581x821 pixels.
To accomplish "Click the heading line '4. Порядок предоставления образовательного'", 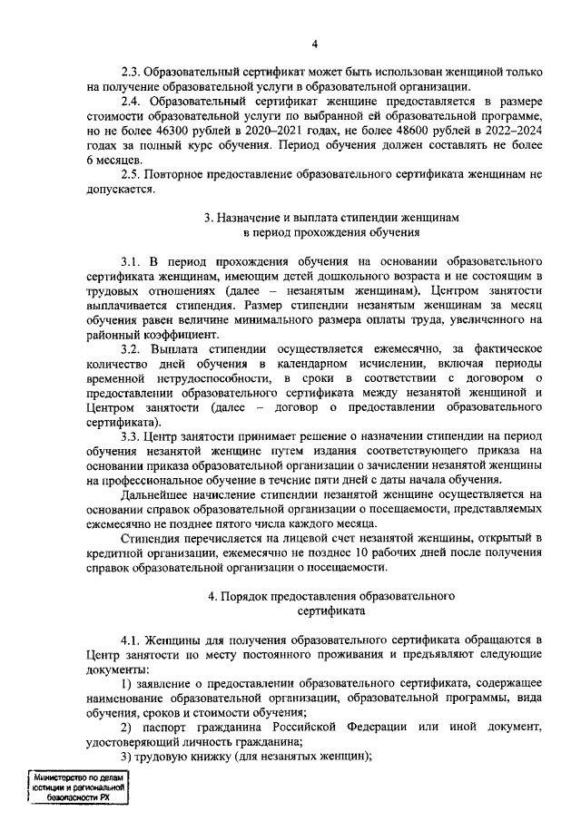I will [330, 597].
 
